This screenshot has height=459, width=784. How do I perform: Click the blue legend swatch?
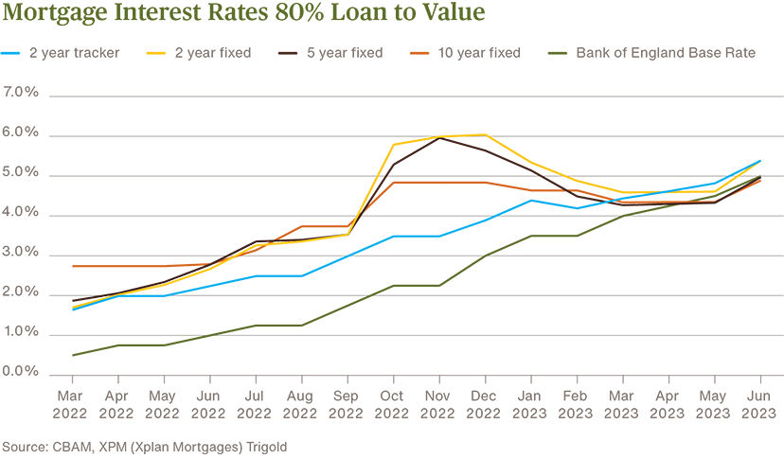[10, 55]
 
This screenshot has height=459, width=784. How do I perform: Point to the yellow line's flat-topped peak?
[463, 126]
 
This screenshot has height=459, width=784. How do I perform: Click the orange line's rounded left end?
[69, 271]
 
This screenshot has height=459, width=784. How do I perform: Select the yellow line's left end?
[64, 307]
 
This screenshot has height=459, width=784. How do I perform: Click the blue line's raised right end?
[748, 161]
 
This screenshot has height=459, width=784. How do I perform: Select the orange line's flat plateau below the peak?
[445, 188]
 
